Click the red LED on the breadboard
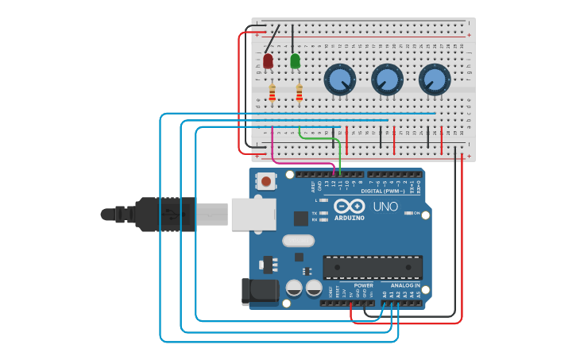[268, 61]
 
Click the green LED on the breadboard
[296, 61]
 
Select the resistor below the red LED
[272, 94]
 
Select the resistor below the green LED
[299, 94]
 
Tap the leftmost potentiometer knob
[339, 79]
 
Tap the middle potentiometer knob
[387, 79]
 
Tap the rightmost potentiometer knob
[435, 79]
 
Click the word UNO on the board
[385, 207]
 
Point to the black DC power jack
[259, 292]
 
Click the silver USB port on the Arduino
[253, 214]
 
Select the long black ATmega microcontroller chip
[372, 268]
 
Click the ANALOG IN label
[405, 285]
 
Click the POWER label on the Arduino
[363, 285]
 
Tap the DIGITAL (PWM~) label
[382, 192]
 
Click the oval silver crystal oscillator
[298, 240]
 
